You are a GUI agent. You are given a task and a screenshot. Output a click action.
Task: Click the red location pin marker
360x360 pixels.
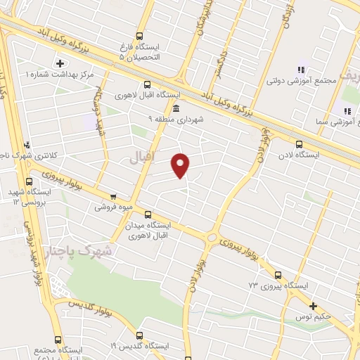click(181, 165)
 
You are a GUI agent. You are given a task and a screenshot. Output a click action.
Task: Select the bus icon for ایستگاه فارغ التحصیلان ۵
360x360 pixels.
click(139, 34)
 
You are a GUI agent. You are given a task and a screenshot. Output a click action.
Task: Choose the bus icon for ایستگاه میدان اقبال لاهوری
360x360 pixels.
click(148, 214)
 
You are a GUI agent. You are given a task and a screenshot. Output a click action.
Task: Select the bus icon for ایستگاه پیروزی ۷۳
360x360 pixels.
click(278, 275)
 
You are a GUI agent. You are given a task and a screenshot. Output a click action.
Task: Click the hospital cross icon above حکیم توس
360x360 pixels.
click(314, 306)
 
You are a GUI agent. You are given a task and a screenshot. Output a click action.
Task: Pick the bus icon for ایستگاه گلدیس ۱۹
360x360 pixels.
click(139, 335)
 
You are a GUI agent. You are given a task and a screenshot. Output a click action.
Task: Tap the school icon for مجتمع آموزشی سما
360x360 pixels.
click(347, 111)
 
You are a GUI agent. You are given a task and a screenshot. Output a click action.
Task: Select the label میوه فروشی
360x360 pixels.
click(114, 208)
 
